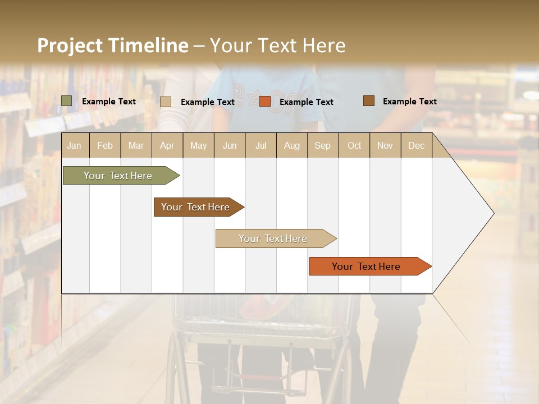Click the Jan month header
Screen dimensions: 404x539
click(74, 145)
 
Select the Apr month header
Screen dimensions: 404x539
click(167, 145)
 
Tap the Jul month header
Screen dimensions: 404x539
click(261, 145)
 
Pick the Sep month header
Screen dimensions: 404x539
click(322, 145)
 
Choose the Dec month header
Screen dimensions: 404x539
click(416, 145)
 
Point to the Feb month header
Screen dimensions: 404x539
click(105, 145)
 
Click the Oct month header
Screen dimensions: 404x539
click(354, 145)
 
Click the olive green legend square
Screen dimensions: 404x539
click(66, 101)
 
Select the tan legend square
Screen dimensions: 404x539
click(166, 102)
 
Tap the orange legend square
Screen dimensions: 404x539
click(265, 102)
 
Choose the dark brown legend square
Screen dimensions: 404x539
click(368, 101)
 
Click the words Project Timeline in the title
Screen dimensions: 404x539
click(112, 45)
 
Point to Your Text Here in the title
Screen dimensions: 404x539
click(277, 45)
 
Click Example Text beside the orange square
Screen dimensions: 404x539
click(306, 102)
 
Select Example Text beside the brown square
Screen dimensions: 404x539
click(409, 102)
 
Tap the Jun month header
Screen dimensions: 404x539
click(230, 145)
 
